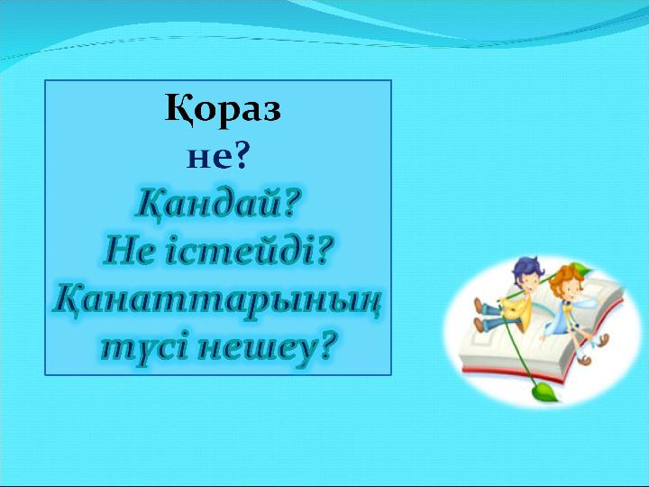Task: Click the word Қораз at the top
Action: (223, 109)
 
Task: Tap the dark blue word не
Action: (208, 158)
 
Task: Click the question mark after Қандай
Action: (288, 203)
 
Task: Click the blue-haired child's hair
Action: (527, 270)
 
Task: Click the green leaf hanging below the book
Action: (544, 391)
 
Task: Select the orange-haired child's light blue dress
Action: (562, 315)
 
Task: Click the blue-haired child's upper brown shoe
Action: (479, 305)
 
